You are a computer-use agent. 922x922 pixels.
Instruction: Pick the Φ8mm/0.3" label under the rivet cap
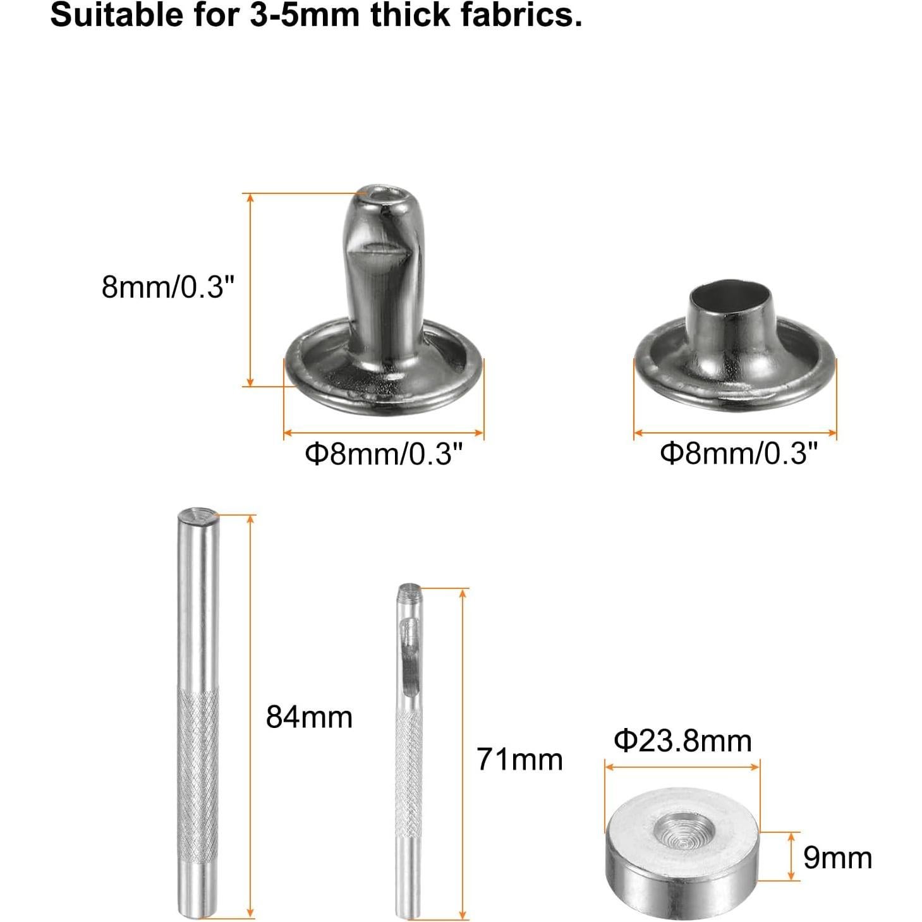739,454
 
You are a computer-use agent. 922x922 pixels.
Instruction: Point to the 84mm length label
309,717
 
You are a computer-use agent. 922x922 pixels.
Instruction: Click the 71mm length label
519,759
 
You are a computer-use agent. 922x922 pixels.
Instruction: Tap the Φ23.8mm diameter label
682,741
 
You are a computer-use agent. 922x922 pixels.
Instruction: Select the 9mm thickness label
837,858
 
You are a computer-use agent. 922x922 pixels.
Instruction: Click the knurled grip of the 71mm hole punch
409,774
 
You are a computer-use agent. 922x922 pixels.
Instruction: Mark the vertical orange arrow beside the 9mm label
791,856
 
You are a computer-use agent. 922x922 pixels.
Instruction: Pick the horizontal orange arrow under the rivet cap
735,433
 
